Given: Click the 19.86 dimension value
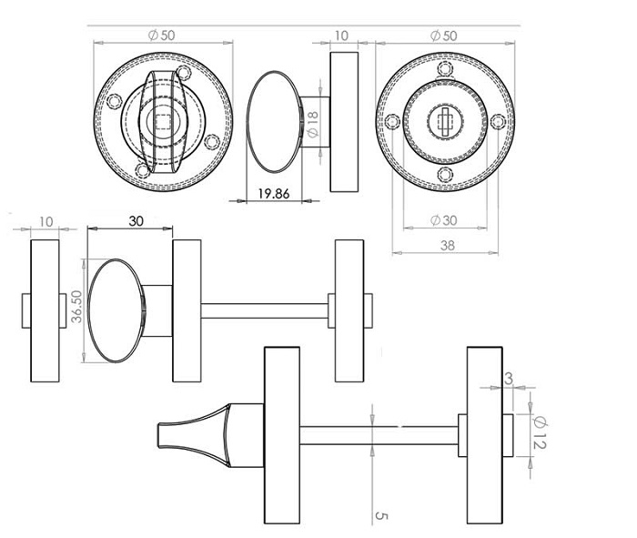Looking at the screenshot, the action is click(x=274, y=194).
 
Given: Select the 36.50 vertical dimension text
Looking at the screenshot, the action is click(x=76, y=306).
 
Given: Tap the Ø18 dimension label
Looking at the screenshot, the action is click(x=313, y=125).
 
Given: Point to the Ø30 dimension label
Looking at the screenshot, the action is click(x=443, y=220).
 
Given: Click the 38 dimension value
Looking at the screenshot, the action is click(x=448, y=246).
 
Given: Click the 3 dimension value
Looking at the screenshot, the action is click(x=508, y=379).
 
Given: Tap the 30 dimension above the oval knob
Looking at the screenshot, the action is click(x=136, y=221).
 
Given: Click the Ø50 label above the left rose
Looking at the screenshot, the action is click(x=161, y=36).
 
